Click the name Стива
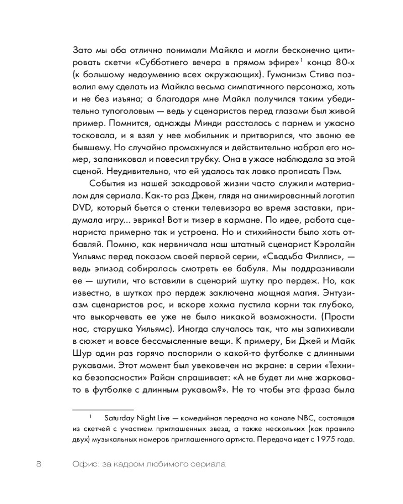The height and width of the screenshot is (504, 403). pos(330,75)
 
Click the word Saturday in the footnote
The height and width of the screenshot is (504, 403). pos(120,418)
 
